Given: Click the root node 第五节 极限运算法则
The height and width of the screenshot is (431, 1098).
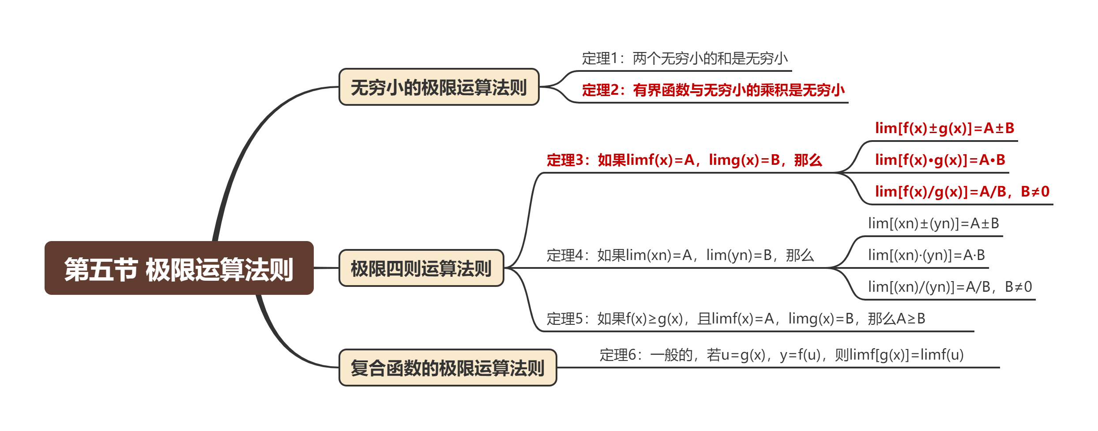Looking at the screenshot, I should click(x=179, y=268).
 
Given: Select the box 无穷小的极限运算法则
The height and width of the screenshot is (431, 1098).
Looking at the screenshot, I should click(x=439, y=87).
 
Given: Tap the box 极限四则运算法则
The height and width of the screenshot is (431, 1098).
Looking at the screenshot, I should click(x=421, y=268).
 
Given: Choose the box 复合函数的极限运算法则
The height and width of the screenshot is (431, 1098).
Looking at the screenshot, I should click(x=447, y=368).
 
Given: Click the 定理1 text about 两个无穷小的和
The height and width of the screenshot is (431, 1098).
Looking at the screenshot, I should click(x=684, y=59).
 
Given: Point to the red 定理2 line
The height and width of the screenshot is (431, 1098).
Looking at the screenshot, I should click(x=713, y=90).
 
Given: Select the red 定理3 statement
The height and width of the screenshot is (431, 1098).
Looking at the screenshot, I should click(x=684, y=160).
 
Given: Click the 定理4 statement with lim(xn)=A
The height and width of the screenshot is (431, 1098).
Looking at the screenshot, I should click(x=680, y=255).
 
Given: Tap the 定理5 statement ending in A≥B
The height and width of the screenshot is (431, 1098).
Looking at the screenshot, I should click(x=736, y=319).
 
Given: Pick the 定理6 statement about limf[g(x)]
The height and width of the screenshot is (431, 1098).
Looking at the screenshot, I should click(x=781, y=355).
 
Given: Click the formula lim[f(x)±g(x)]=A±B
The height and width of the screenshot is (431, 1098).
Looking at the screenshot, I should click(x=944, y=128).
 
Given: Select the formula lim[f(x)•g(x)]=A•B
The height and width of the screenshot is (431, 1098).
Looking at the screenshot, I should click(x=940, y=160).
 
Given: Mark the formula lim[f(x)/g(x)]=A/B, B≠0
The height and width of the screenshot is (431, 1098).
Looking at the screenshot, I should click(x=962, y=192).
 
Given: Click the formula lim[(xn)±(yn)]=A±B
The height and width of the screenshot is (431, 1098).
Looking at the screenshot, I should click(x=933, y=223).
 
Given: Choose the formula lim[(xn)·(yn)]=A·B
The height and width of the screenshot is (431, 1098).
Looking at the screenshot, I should click(x=926, y=255).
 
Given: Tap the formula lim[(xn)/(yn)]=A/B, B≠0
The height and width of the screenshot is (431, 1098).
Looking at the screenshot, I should click(x=950, y=287).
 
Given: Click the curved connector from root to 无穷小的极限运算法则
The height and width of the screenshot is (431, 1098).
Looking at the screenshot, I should click(x=247, y=145).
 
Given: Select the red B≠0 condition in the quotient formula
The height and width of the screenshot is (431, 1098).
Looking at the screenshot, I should click(x=1035, y=192).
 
